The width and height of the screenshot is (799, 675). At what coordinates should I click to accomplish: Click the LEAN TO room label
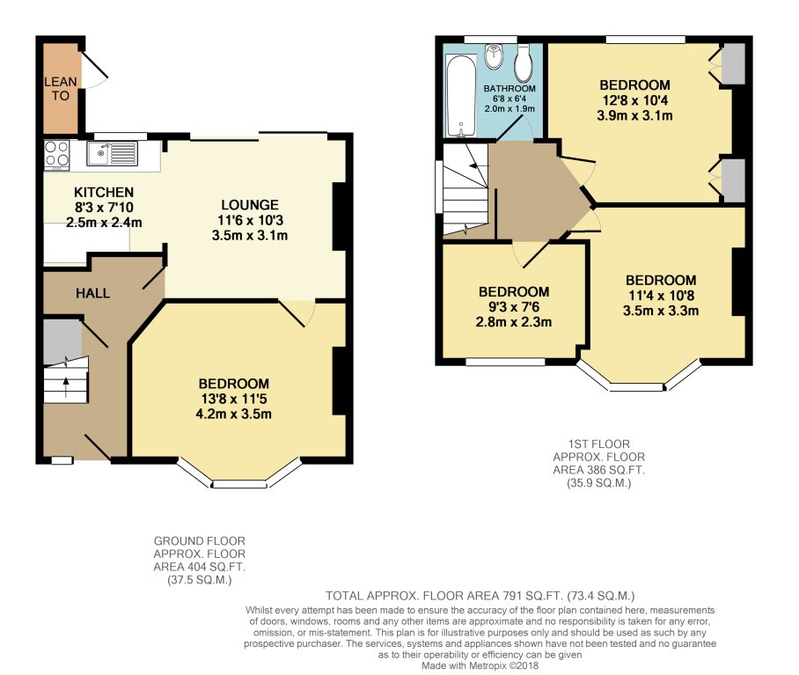coord(60,89)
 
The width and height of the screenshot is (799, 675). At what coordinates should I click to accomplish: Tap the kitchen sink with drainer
coord(112,153)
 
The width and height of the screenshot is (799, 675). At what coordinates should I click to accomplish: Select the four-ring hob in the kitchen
coord(56,155)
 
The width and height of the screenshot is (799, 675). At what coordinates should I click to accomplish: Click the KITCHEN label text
coord(104,192)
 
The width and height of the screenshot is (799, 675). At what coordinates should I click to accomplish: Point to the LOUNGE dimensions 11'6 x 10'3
coord(250,220)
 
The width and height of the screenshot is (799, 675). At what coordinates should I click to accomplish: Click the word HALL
coord(92,293)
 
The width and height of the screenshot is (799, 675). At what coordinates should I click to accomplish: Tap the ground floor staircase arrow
coord(65,386)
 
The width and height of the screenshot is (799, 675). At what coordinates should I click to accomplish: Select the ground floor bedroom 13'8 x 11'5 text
coord(234,399)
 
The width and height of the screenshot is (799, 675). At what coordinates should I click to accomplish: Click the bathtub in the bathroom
coord(461,96)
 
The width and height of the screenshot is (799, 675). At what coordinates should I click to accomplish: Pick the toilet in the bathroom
coord(524,63)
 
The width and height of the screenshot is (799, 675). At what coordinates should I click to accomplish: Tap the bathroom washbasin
coord(494,56)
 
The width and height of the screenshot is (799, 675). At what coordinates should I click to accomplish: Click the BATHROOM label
coord(509,89)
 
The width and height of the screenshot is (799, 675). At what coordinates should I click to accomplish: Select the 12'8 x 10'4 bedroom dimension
coord(635,99)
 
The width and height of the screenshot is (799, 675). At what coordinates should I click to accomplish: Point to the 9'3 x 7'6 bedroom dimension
coord(514,306)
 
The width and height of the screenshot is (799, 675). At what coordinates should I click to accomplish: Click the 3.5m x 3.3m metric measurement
coord(661,311)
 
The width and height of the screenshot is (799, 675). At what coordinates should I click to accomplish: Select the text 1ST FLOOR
coord(598,444)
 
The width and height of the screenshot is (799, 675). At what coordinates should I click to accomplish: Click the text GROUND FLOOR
coord(199,540)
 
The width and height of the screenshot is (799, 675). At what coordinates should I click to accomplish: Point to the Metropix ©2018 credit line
coord(480,665)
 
